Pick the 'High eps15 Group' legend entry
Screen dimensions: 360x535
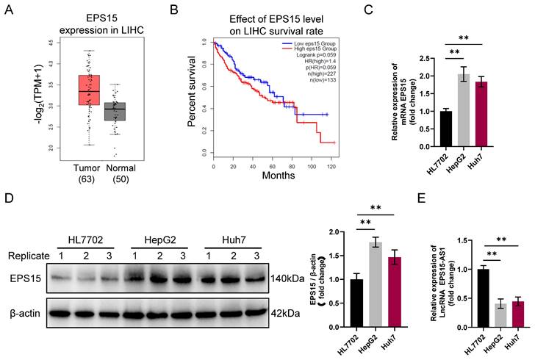point(308,50)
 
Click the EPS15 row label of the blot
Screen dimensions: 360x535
point(24,281)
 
